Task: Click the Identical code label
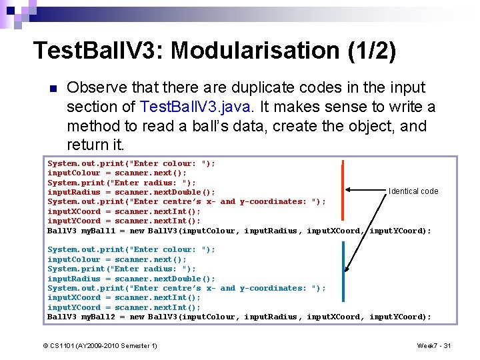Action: click(x=413, y=191)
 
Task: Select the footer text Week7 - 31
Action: click(x=434, y=345)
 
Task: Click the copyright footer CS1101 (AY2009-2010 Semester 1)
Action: click(x=100, y=345)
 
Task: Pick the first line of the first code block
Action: click(x=131, y=163)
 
